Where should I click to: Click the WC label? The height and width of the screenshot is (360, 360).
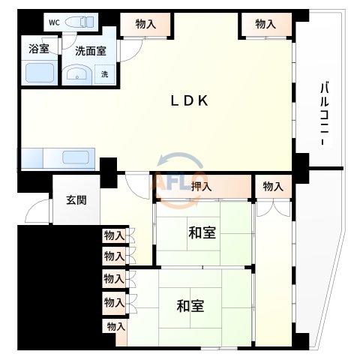click(53, 22)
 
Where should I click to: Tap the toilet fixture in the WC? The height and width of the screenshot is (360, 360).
click(80, 22)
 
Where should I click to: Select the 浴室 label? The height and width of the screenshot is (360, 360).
click(39, 51)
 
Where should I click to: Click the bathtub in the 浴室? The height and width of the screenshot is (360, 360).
click(39, 73)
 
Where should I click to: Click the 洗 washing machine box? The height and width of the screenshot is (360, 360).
click(105, 74)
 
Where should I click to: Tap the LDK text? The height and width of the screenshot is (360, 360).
click(186, 102)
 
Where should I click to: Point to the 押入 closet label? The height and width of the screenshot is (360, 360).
click(200, 187)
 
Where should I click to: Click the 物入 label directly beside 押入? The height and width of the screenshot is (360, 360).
click(273, 187)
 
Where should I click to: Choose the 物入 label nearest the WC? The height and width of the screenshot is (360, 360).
click(145, 25)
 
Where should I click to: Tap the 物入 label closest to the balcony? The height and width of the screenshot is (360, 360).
click(265, 25)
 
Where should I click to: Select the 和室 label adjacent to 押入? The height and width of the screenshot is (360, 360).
click(202, 233)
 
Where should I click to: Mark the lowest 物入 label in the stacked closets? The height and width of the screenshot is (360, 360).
click(115, 326)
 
